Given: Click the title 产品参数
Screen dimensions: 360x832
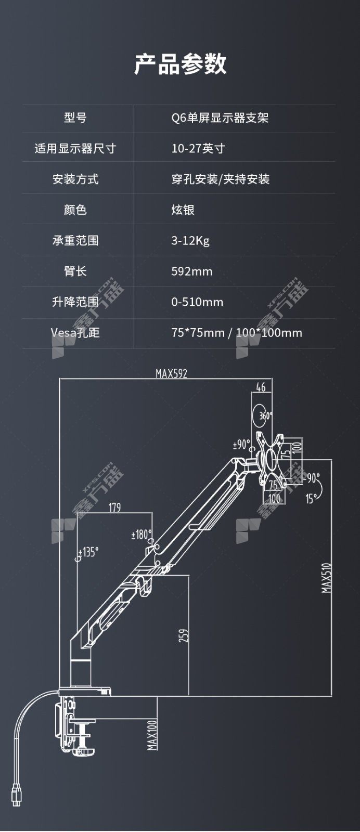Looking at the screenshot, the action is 180,64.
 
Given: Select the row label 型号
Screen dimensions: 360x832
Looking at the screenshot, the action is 75,118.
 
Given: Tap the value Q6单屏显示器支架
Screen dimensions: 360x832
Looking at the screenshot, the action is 220,118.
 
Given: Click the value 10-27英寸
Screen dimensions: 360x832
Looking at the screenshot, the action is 198,149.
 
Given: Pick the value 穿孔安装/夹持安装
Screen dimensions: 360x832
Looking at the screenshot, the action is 220,179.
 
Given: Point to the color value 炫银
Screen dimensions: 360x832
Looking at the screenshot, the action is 183,210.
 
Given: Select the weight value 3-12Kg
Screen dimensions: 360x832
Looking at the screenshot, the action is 190,241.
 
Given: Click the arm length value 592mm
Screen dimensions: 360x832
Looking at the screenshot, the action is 191,271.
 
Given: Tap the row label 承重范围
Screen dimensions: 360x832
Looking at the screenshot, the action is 75,241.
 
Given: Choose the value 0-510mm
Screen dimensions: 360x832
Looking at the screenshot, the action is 197,302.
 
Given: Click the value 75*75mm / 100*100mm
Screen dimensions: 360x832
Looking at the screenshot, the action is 237,332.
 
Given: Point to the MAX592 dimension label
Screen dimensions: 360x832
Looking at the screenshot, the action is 171,373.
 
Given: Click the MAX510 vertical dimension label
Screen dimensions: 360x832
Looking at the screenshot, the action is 326,578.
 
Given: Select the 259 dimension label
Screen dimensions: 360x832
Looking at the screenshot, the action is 184,635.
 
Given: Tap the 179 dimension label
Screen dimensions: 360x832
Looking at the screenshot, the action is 114,508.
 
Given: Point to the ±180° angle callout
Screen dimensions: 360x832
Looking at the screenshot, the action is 142,535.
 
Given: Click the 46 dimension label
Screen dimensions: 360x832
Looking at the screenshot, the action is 261,387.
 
